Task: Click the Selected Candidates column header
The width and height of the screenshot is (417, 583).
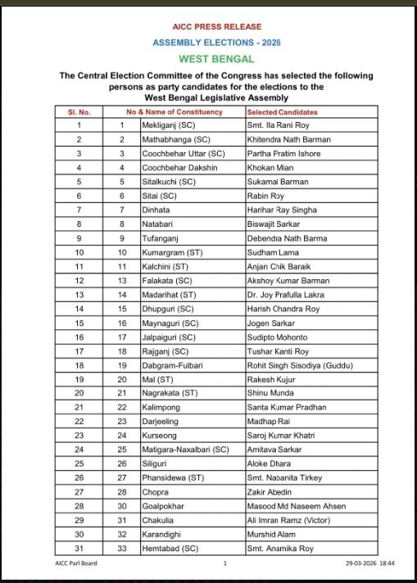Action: [283, 111]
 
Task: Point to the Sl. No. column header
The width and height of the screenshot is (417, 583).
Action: [79, 111]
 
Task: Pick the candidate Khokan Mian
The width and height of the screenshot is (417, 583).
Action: [270, 167]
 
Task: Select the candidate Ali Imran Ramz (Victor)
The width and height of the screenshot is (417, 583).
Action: [290, 519]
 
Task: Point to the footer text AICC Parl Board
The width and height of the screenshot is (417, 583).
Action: [76, 564]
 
